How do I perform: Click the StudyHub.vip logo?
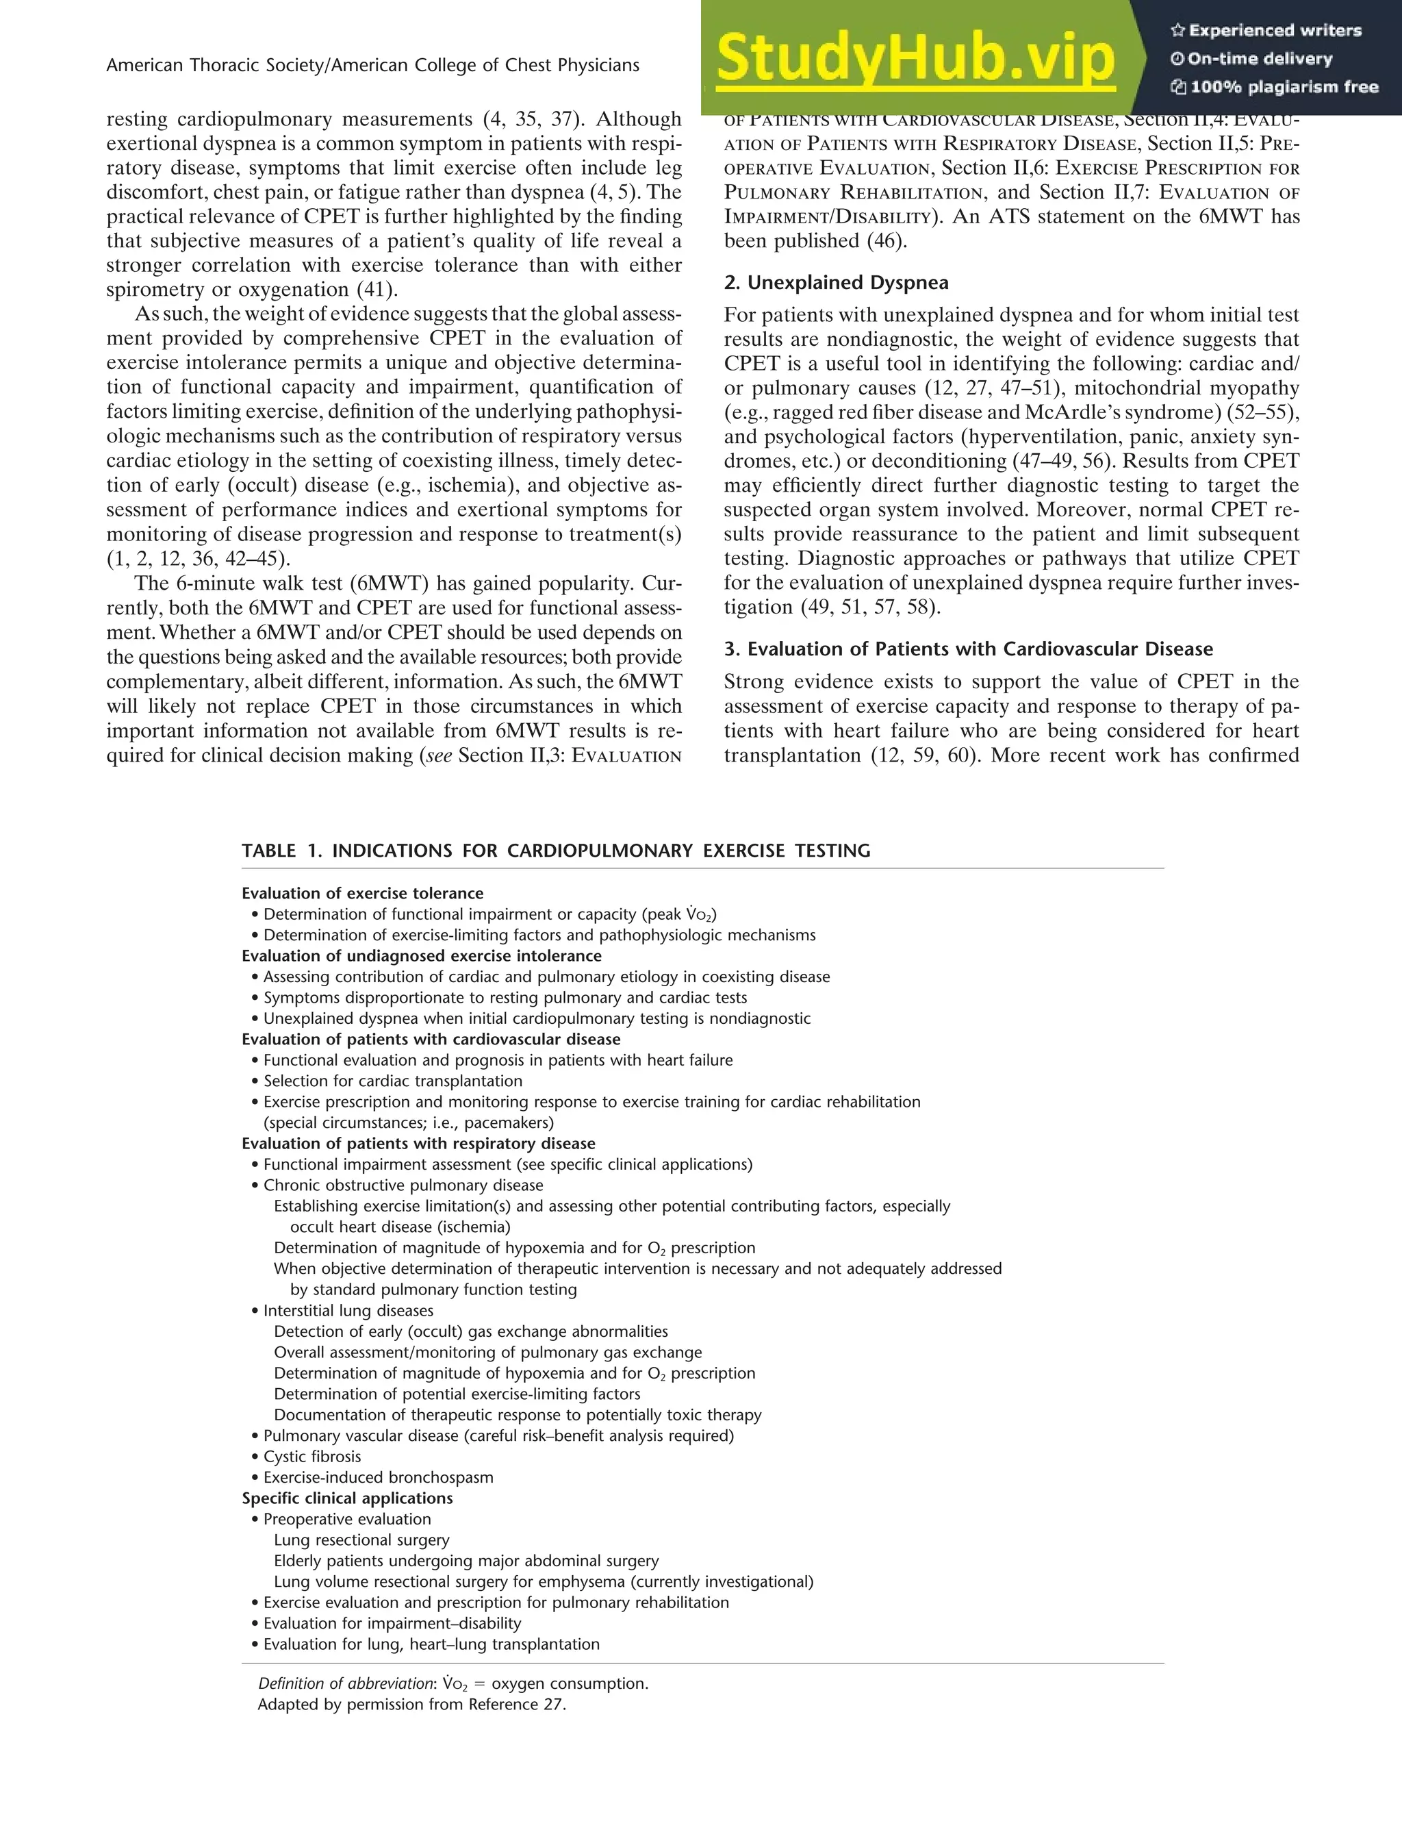coord(915,58)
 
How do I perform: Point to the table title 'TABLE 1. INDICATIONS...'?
coord(555,851)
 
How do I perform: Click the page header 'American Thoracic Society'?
coord(372,65)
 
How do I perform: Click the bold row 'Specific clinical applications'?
coord(347,1498)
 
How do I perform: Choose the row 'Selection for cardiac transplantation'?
coord(392,1081)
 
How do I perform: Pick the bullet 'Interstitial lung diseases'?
coord(348,1311)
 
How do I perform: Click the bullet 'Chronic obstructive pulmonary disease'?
coord(403,1185)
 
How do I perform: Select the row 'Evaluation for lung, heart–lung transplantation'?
coord(431,1644)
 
